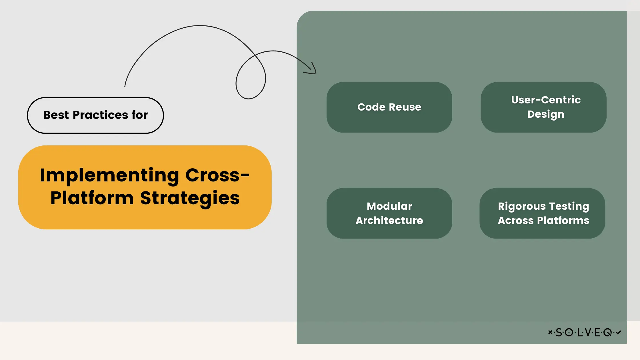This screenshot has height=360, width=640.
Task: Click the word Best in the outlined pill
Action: [x=56, y=115]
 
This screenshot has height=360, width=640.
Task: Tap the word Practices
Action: [x=100, y=115]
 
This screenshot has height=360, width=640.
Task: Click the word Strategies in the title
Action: [x=190, y=198]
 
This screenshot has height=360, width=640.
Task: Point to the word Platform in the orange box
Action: [x=92, y=198]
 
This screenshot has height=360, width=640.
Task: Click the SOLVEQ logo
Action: [x=585, y=332]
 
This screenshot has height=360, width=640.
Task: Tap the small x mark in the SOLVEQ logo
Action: [x=550, y=332]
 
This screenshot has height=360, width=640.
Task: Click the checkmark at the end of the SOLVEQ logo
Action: [x=619, y=332]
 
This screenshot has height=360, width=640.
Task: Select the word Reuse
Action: [x=405, y=107]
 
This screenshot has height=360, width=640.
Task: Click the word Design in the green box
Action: [x=546, y=114]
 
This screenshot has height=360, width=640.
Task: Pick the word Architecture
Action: [x=389, y=221]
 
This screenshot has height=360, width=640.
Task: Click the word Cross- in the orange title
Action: [x=217, y=175]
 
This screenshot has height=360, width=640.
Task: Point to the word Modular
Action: [x=389, y=206]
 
